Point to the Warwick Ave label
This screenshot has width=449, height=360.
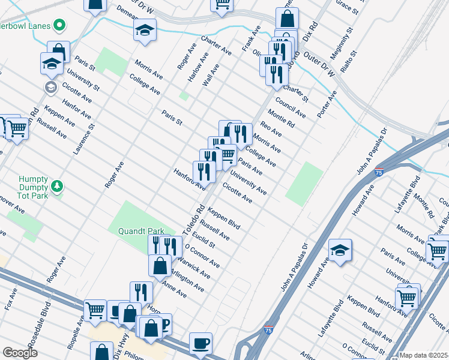[193, 268]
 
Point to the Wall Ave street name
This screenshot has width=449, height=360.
[211, 75]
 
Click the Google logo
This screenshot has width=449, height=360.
[20, 353]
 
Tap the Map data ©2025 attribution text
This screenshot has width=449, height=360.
[423, 355]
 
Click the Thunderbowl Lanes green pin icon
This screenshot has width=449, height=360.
[59, 26]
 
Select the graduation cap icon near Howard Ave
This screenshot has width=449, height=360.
[340, 251]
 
